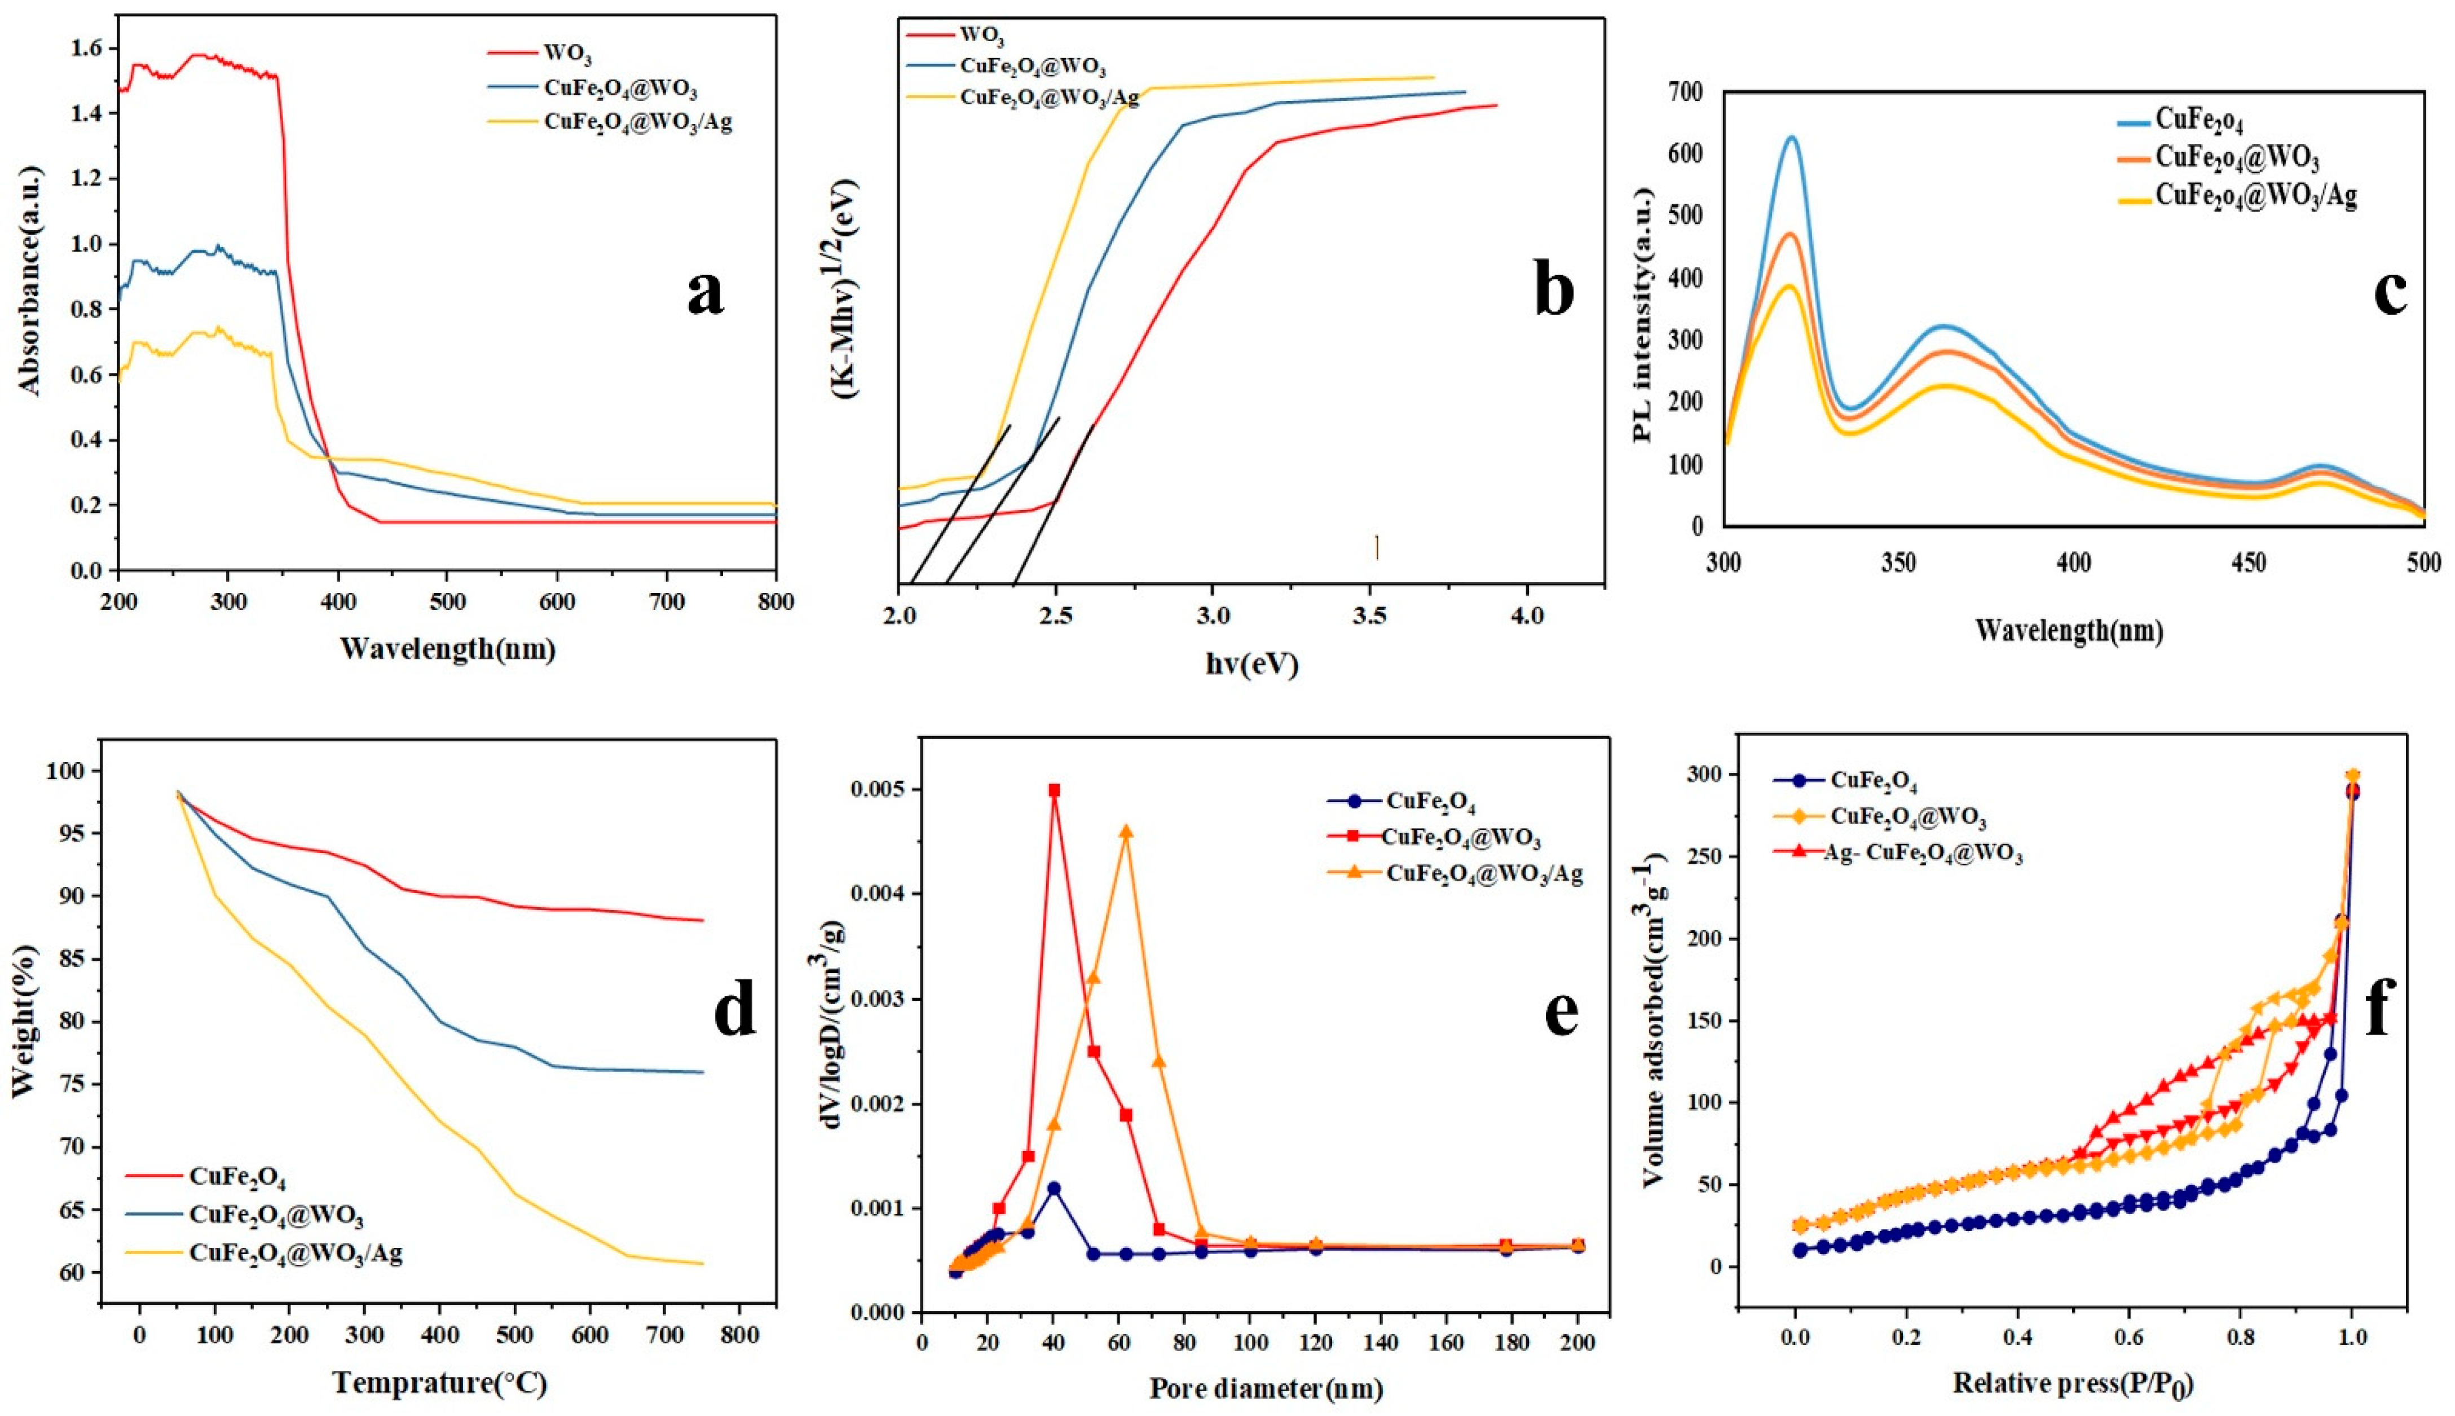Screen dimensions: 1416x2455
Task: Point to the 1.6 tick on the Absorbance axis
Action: pyautogui.click(x=86, y=49)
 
